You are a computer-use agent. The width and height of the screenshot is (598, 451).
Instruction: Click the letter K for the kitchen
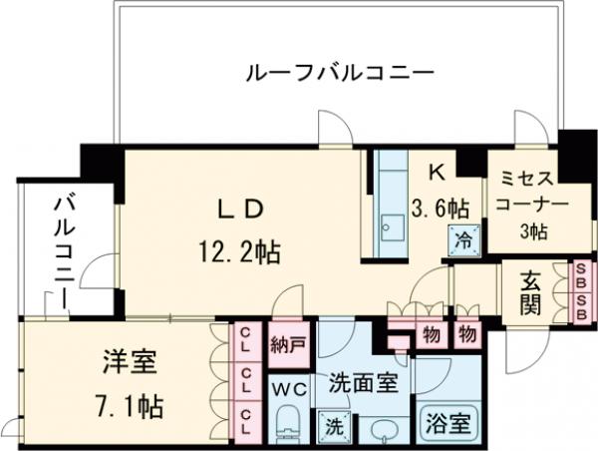(436, 172)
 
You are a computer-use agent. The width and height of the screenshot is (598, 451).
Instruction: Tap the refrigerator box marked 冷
(463, 239)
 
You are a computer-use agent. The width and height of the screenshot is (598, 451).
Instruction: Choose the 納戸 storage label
(287, 346)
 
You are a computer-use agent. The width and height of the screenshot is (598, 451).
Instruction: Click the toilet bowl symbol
(287, 422)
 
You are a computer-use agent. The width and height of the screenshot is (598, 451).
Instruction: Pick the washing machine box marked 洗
(329, 426)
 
